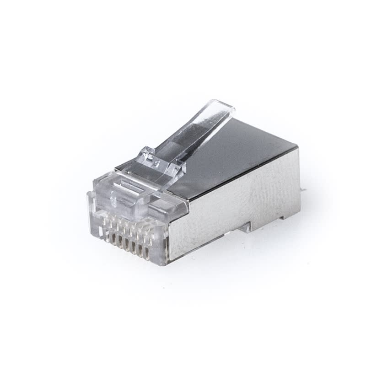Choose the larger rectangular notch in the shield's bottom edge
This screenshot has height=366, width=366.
[x=246, y=226]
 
